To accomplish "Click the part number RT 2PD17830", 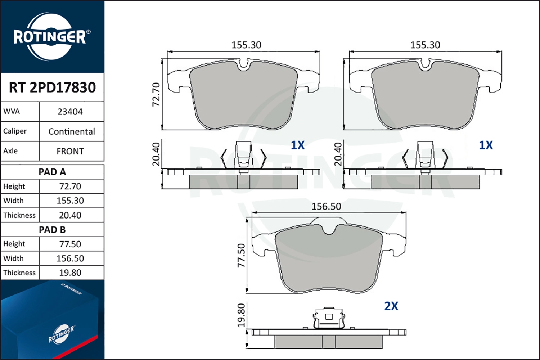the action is point(52,87).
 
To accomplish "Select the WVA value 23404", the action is point(70,112).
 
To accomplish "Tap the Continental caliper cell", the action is point(72,132).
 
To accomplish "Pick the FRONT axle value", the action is point(70,152).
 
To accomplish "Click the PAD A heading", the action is point(52,172).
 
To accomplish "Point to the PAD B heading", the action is point(52,230).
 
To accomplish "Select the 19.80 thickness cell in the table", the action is point(70,273).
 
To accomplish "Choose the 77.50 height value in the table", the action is point(70,244).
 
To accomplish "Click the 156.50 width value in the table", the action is point(70,258).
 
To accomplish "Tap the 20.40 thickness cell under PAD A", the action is point(70,215).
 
